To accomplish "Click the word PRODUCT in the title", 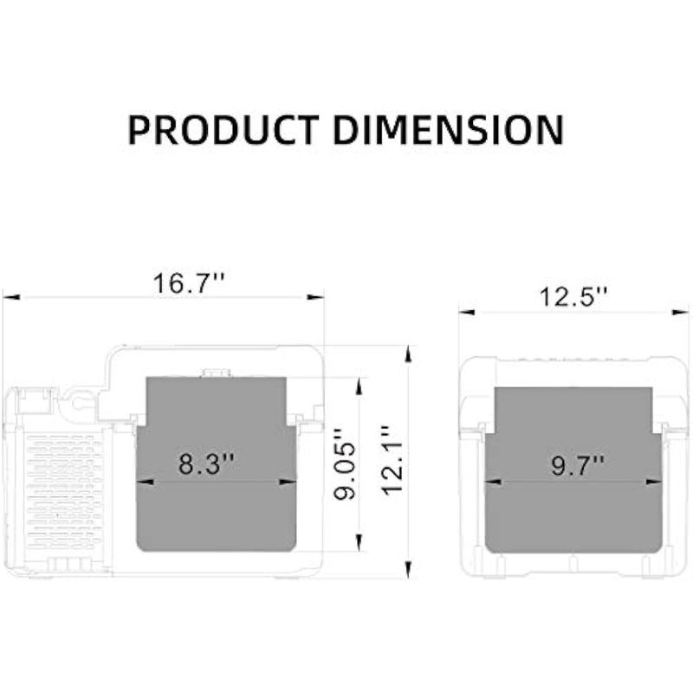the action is tap(223, 130).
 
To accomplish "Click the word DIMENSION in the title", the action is tap(449, 130).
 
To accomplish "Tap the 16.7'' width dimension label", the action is tap(189, 283).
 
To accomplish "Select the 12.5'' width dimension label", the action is tap(573, 296).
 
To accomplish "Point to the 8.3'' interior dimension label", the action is tap(206, 463).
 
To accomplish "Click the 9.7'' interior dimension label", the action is tap(578, 465).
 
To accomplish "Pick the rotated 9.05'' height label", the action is tap(345, 463).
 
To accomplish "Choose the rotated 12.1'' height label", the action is tap(392, 461).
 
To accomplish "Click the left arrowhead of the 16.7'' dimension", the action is tap(12, 297).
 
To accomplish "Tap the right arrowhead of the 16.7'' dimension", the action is tap(315, 297).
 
